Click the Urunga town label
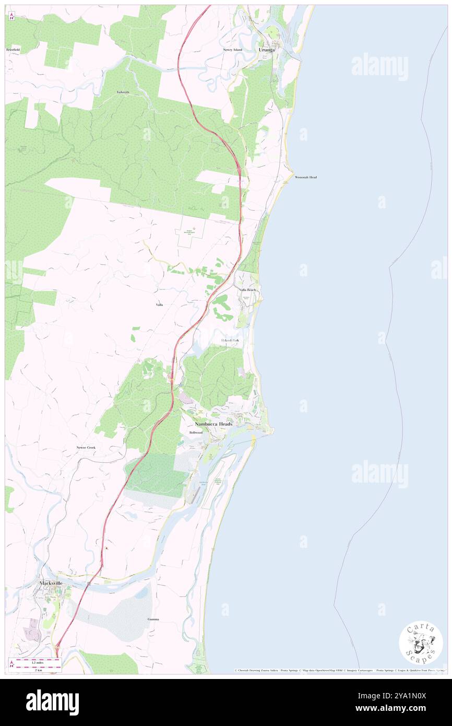267,50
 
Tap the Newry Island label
233,50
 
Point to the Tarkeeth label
123,92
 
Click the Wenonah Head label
306,178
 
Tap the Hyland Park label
229,341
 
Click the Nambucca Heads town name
213,424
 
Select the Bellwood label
196,433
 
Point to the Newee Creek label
87,448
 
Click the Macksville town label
55,582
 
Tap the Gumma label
153,619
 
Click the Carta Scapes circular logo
421,642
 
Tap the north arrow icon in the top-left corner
11,16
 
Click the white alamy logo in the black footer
52,702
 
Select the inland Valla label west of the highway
159,305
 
